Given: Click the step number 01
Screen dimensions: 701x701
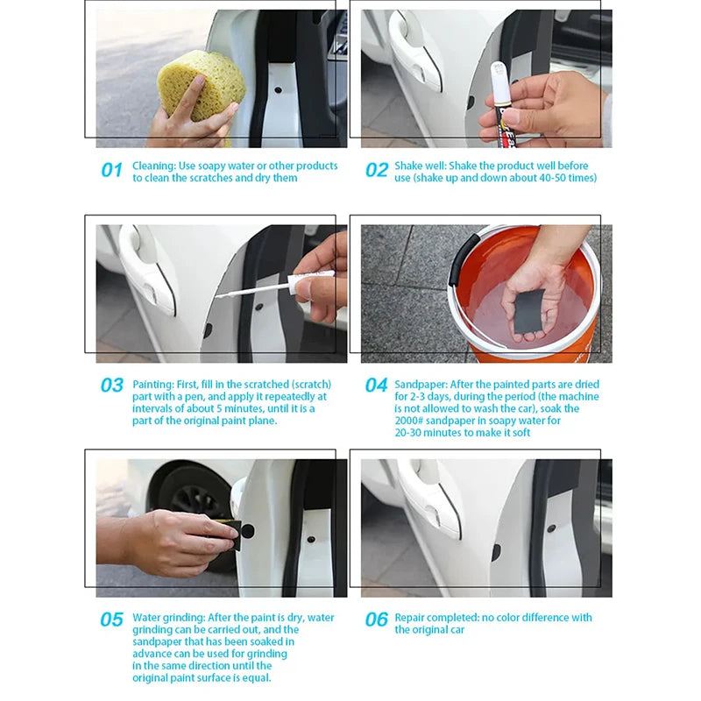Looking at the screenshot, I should (111, 171).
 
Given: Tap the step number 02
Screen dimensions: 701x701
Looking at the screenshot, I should (376, 171).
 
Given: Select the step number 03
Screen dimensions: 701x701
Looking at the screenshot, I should (111, 386).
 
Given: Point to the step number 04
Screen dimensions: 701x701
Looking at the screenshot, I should (376, 386).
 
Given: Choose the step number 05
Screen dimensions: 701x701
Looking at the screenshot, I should (111, 620).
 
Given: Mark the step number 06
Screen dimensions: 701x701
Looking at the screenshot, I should (376, 620).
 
